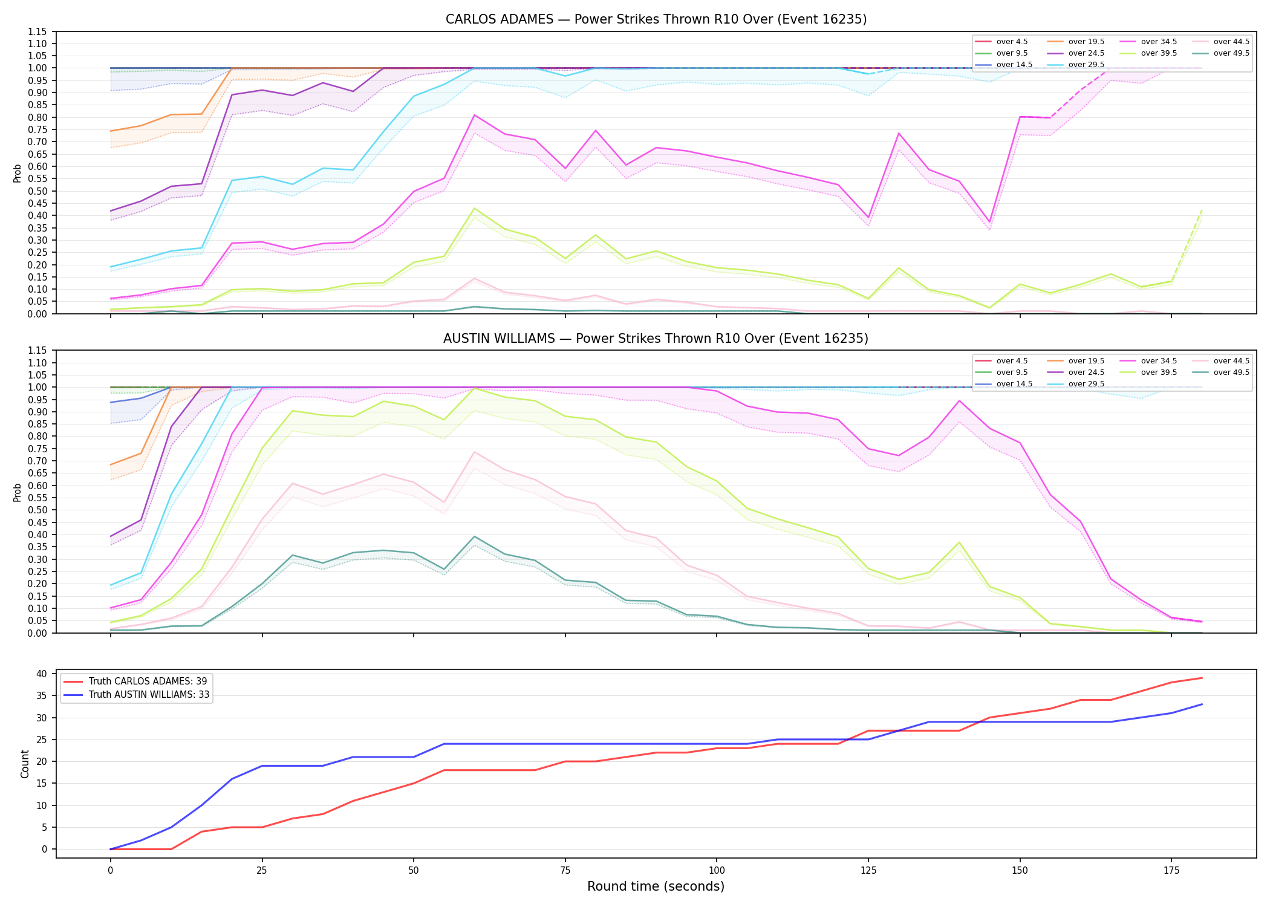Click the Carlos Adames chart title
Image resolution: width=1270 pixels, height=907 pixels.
pos(656,19)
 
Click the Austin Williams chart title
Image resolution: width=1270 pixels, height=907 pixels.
pos(656,339)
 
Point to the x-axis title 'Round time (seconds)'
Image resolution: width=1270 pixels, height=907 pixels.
pos(656,886)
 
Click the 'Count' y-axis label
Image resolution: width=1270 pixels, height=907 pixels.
pos(25,764)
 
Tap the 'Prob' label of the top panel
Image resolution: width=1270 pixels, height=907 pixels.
pos(18,173)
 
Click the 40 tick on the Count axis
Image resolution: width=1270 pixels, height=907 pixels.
pos(42,674)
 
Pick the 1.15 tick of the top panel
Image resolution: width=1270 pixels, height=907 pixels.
pos(38,31)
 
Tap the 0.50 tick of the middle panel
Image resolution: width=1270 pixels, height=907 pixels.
pos(38,510)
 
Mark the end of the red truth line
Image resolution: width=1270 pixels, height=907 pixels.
pos(1202,678)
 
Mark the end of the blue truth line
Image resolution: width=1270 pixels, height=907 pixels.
pos(1202,704)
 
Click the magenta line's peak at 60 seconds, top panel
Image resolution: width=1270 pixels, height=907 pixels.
pos(474,115)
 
